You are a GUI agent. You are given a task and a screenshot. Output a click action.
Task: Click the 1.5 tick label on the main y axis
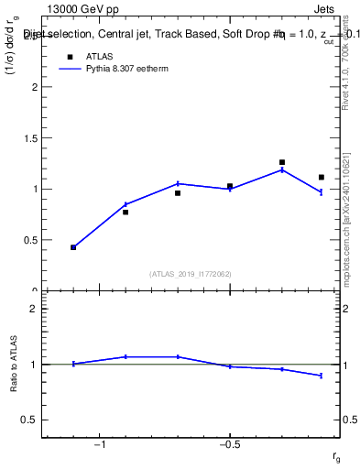29,138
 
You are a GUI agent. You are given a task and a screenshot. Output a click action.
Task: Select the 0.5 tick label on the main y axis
29,240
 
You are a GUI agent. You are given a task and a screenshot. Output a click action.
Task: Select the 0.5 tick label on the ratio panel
29,420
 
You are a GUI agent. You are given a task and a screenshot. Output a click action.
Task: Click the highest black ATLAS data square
282,162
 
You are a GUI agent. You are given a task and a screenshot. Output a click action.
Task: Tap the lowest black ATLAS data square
73,247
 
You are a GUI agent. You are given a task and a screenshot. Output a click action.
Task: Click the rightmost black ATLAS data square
322,177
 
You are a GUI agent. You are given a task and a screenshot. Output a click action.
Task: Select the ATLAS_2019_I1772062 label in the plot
191,274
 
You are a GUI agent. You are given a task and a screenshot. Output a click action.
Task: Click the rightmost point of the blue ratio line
322,376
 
